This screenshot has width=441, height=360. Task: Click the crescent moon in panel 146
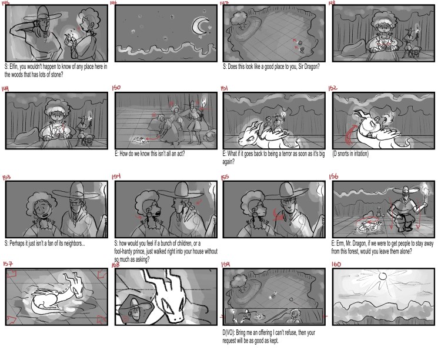tap(198, 26)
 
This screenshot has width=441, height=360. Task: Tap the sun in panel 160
tap(382, 275)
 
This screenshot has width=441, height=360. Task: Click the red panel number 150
tap(116, 88)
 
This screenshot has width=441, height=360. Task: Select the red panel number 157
tap(8, 264)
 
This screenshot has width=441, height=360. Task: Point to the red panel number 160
tap(336, 264)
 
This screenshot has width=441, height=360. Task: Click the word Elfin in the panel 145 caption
tap(15, 67)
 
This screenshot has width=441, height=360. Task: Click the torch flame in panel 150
tap(204, 102)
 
